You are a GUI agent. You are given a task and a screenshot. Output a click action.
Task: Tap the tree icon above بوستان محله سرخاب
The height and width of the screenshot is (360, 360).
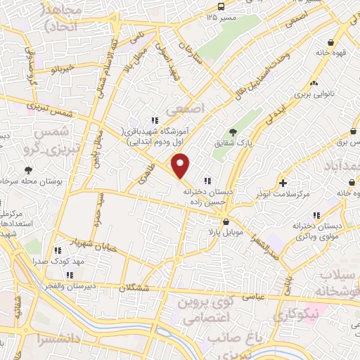tap(28, 169)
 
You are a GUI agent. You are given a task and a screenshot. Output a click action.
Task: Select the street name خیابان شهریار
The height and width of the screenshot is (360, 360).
tap(83, 243)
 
